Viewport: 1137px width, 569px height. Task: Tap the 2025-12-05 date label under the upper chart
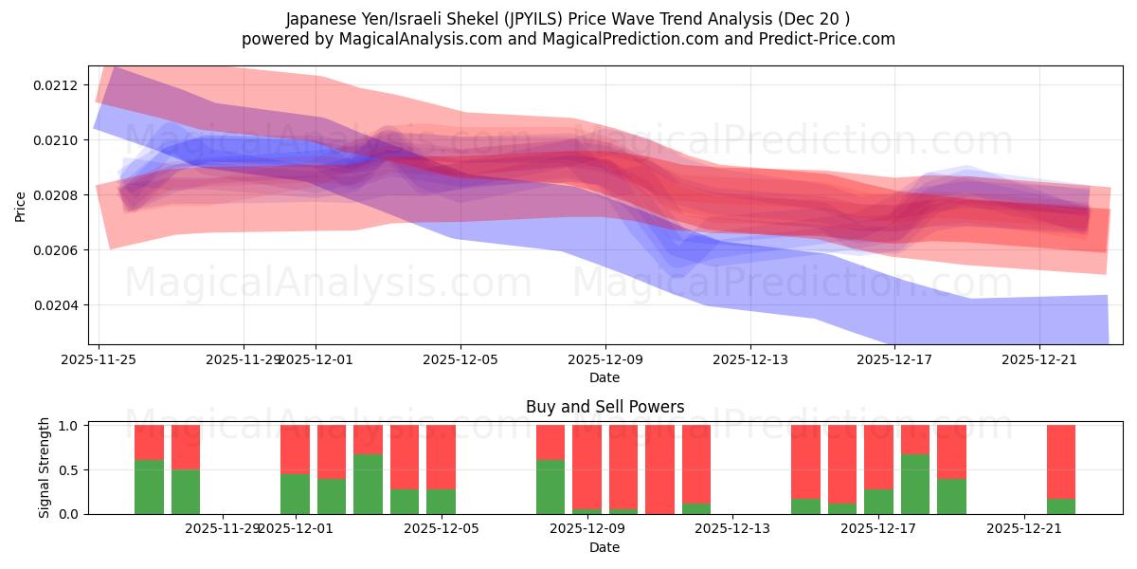click(x=460, y=359)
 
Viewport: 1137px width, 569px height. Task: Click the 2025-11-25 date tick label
click(x=99, y=359)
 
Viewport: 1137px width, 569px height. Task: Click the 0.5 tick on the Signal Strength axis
click(x=72, y=470)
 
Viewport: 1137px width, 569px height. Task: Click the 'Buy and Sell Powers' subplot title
click(x=605, y=408)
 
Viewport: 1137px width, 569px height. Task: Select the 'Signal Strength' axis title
click(x=45, y=468)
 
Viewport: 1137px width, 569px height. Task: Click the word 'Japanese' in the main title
click(x=317, y=19)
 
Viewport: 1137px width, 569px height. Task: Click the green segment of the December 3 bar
click(x=368, y=485)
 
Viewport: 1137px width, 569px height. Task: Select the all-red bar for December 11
click(x=659, y=469)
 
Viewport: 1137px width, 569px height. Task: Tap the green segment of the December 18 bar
click(x=914, y=485)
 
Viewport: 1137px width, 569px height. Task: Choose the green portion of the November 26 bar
click(x=149, y=486)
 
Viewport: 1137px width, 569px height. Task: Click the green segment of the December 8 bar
click(x=550, y=486)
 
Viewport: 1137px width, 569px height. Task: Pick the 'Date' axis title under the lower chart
click(x=605, y=547)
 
